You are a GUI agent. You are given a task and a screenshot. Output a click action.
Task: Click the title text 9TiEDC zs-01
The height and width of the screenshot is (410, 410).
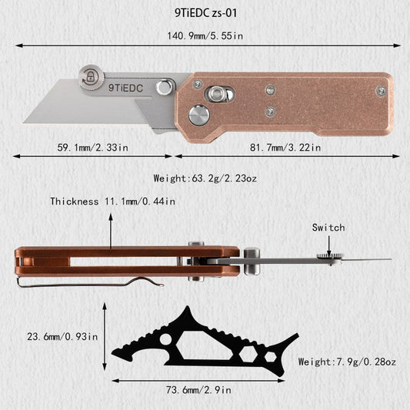point(205,13)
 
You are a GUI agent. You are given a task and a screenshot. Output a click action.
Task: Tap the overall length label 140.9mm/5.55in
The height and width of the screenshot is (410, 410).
point(205,36)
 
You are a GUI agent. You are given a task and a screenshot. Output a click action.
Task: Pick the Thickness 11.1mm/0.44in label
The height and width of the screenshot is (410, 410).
point(113,202)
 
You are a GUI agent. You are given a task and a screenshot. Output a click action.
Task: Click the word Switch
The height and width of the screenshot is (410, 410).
point(328,228)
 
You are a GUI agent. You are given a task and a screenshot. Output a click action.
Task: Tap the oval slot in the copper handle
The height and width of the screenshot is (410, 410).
point(219,95)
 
